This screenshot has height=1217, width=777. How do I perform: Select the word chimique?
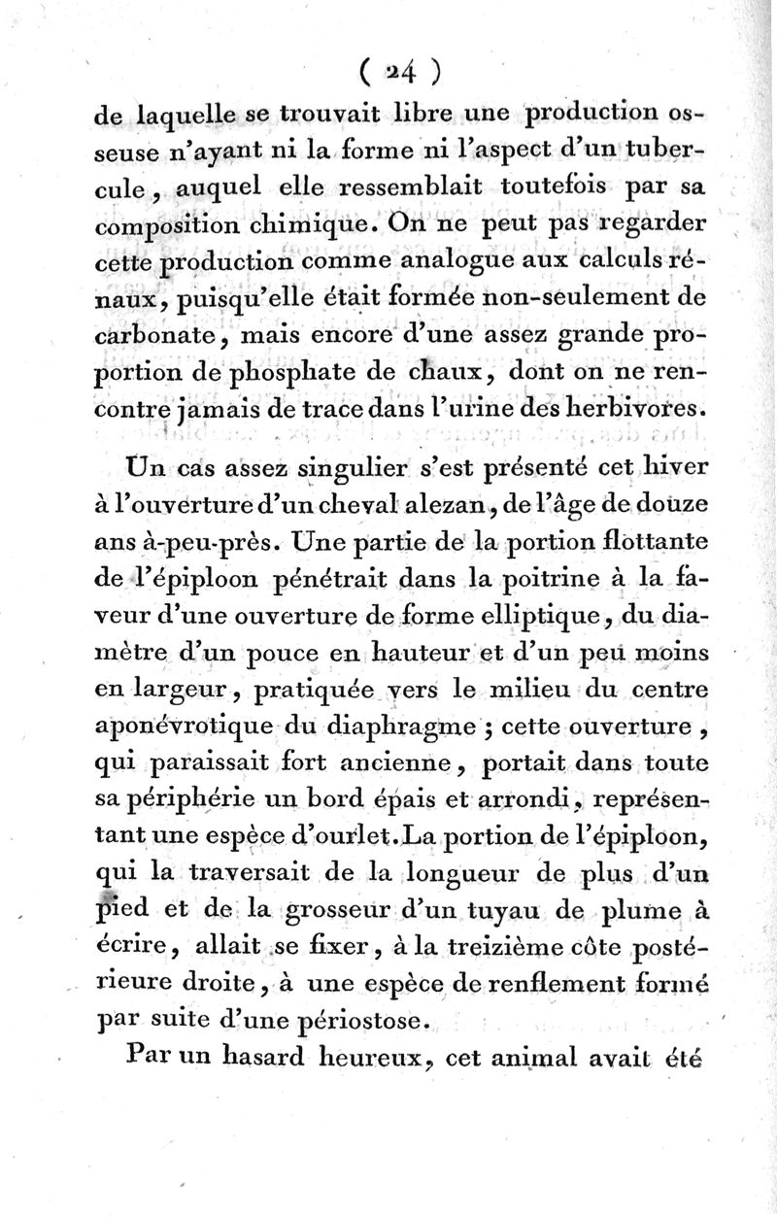315,227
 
